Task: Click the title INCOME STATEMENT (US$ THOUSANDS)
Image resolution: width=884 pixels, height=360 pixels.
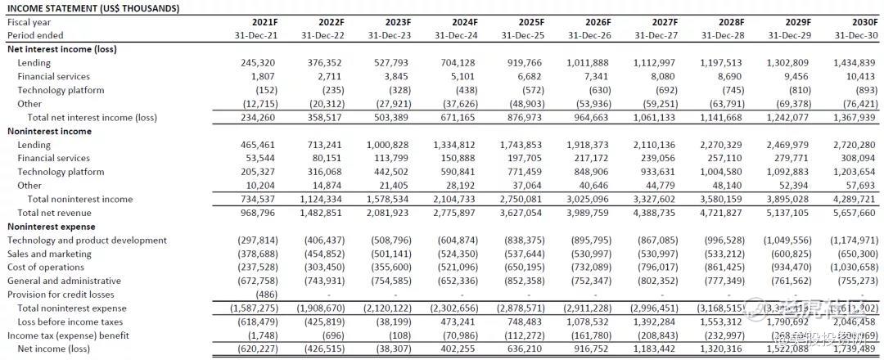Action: click(93, 8)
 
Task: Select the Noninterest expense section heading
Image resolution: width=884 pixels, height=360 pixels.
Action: click(52, 227)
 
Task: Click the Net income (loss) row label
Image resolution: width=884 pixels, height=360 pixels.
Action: click(55, 349)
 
